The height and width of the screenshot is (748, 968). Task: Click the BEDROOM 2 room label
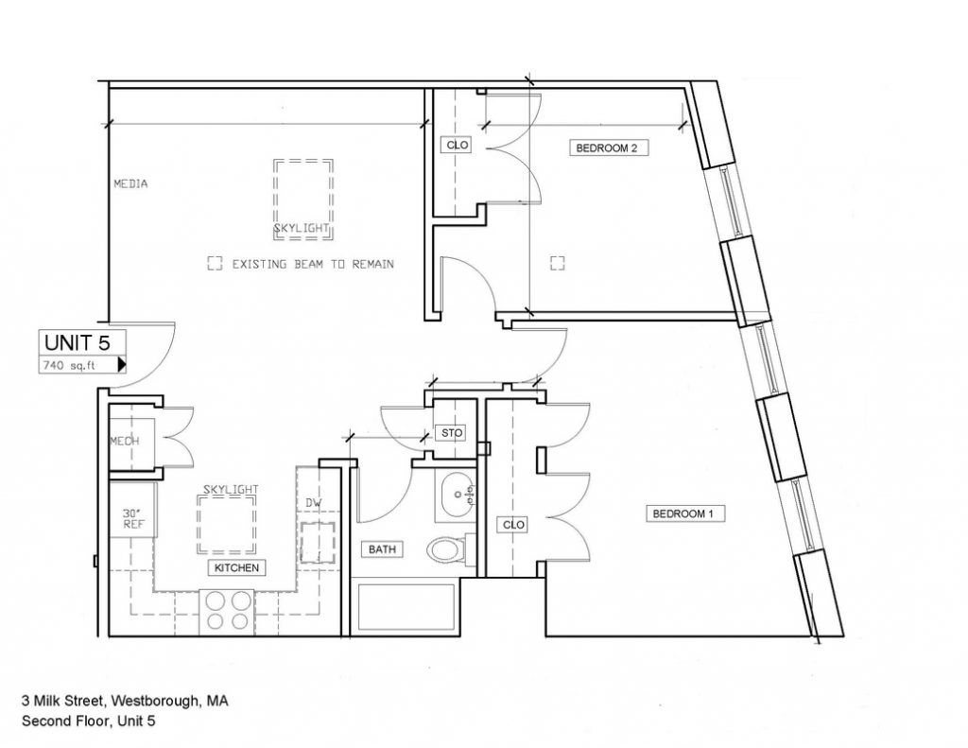[x=608, y=148]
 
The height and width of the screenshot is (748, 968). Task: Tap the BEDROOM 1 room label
[x=684, y=513]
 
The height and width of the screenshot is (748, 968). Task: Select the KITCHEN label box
[x=236, y=567]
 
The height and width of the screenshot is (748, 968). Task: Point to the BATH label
[x=382, y=549]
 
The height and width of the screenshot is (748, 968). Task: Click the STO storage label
[x=452, y=433]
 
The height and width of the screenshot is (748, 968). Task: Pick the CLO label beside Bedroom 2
[x=457, y=145]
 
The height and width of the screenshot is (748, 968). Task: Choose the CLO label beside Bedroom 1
[x=513, y=525]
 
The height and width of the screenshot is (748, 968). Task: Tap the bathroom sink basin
[x=457, y=495]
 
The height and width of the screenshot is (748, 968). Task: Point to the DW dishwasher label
[x=314, y=503]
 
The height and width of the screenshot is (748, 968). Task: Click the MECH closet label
[x=125, y=441]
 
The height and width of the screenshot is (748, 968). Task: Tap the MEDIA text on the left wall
[x=130, y=183]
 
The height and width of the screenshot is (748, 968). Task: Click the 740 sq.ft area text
[x=69, y=365]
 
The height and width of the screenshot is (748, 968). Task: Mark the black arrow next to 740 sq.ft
[x=122, y=364]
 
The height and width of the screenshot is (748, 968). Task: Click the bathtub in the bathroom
[x=406, y=606]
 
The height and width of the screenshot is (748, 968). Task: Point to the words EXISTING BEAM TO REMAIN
[x=313, y=265]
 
